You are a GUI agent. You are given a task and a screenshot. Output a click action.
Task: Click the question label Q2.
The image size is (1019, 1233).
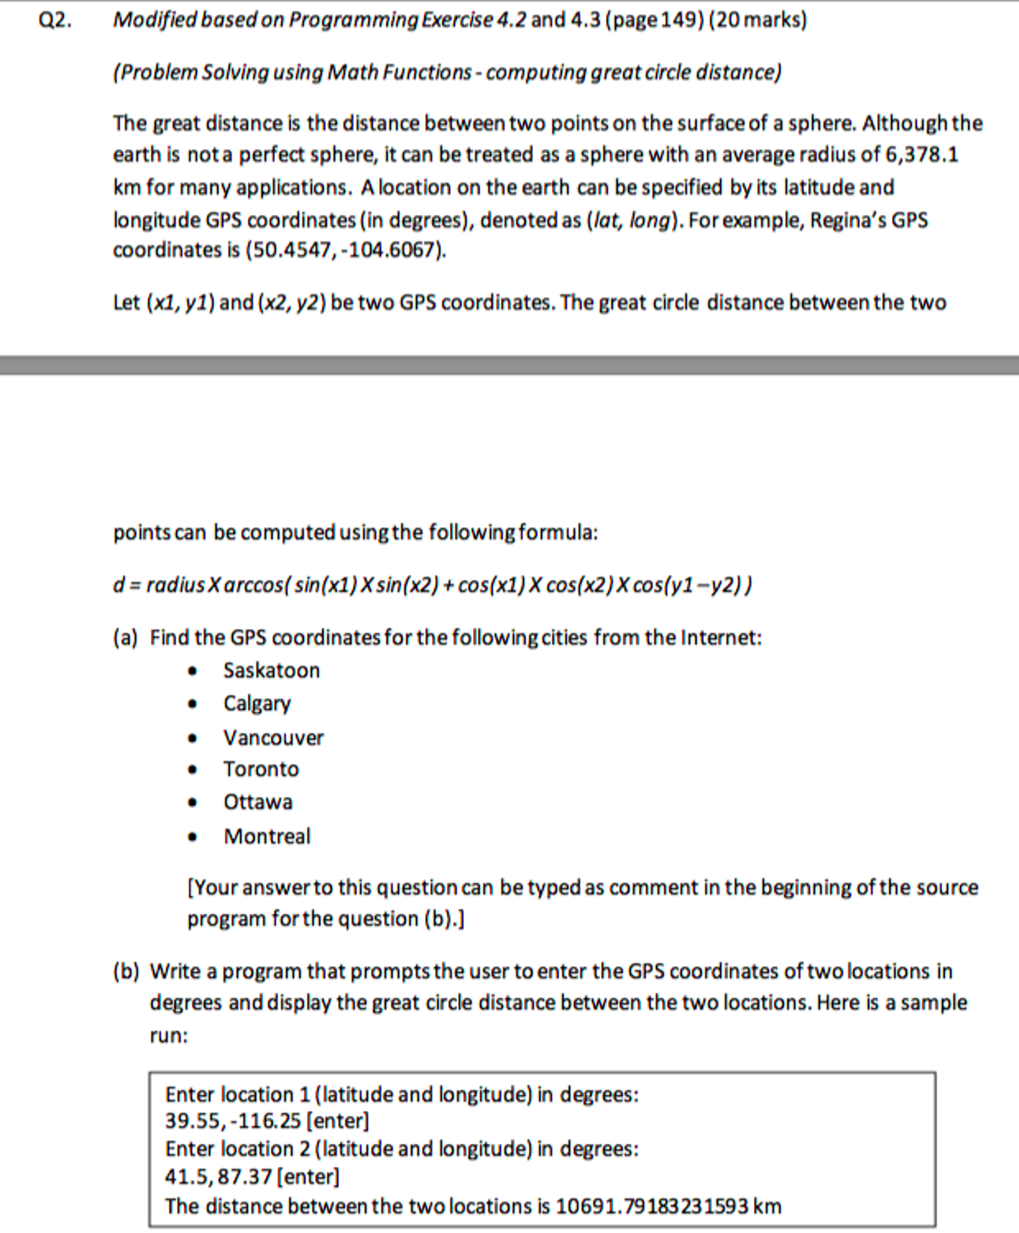tap(55, 20)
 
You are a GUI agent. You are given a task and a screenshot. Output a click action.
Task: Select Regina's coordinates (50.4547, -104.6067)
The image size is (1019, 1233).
tap(345, 249)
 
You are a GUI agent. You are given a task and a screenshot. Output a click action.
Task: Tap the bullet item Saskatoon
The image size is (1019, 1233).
tap(271, 670)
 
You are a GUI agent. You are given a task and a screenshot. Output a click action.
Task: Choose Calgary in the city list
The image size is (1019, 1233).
tap(257, 703)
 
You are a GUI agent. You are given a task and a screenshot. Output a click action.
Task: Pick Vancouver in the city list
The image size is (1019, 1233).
tap(273, 738)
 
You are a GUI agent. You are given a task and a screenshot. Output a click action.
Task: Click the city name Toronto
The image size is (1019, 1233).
tap(261, 769)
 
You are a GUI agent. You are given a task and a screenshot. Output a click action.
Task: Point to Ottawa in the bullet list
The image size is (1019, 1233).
tap(258, 802)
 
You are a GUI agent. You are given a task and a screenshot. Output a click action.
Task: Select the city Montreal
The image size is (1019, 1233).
tap(267, 836)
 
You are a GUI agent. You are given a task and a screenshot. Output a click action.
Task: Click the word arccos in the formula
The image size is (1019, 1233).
tap(253, 585)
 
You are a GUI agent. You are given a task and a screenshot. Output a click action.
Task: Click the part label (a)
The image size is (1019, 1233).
tap(125, 638)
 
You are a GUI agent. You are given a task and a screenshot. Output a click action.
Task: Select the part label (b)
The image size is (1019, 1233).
tap(125, 971)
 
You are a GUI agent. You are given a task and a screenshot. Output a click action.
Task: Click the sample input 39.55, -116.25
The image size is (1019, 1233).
tap(233, 1121)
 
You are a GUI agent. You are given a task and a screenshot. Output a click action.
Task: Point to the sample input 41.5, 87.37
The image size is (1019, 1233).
tap(218, 1176)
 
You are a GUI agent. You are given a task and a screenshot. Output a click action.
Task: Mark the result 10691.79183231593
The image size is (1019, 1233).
tap(651, 1206)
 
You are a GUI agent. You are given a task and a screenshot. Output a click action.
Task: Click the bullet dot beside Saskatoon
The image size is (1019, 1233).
tap(192, 671)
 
